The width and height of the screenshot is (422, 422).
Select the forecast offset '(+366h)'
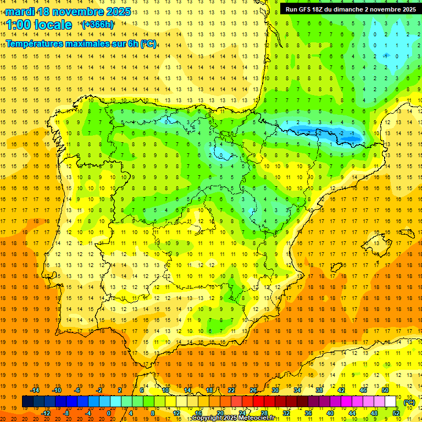[98, 25]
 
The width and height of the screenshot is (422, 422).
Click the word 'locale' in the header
[53, 25]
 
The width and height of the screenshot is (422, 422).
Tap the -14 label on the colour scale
[35, 390]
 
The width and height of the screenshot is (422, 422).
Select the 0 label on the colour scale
[109, 413]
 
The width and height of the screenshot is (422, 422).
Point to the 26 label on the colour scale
[253, 390]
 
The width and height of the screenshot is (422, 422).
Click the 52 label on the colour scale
[396, 413]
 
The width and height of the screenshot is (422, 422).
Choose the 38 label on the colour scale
[319, 390]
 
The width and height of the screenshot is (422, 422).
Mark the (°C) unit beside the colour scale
[409, 402]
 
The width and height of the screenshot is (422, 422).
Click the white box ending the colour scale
[390, 402]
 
